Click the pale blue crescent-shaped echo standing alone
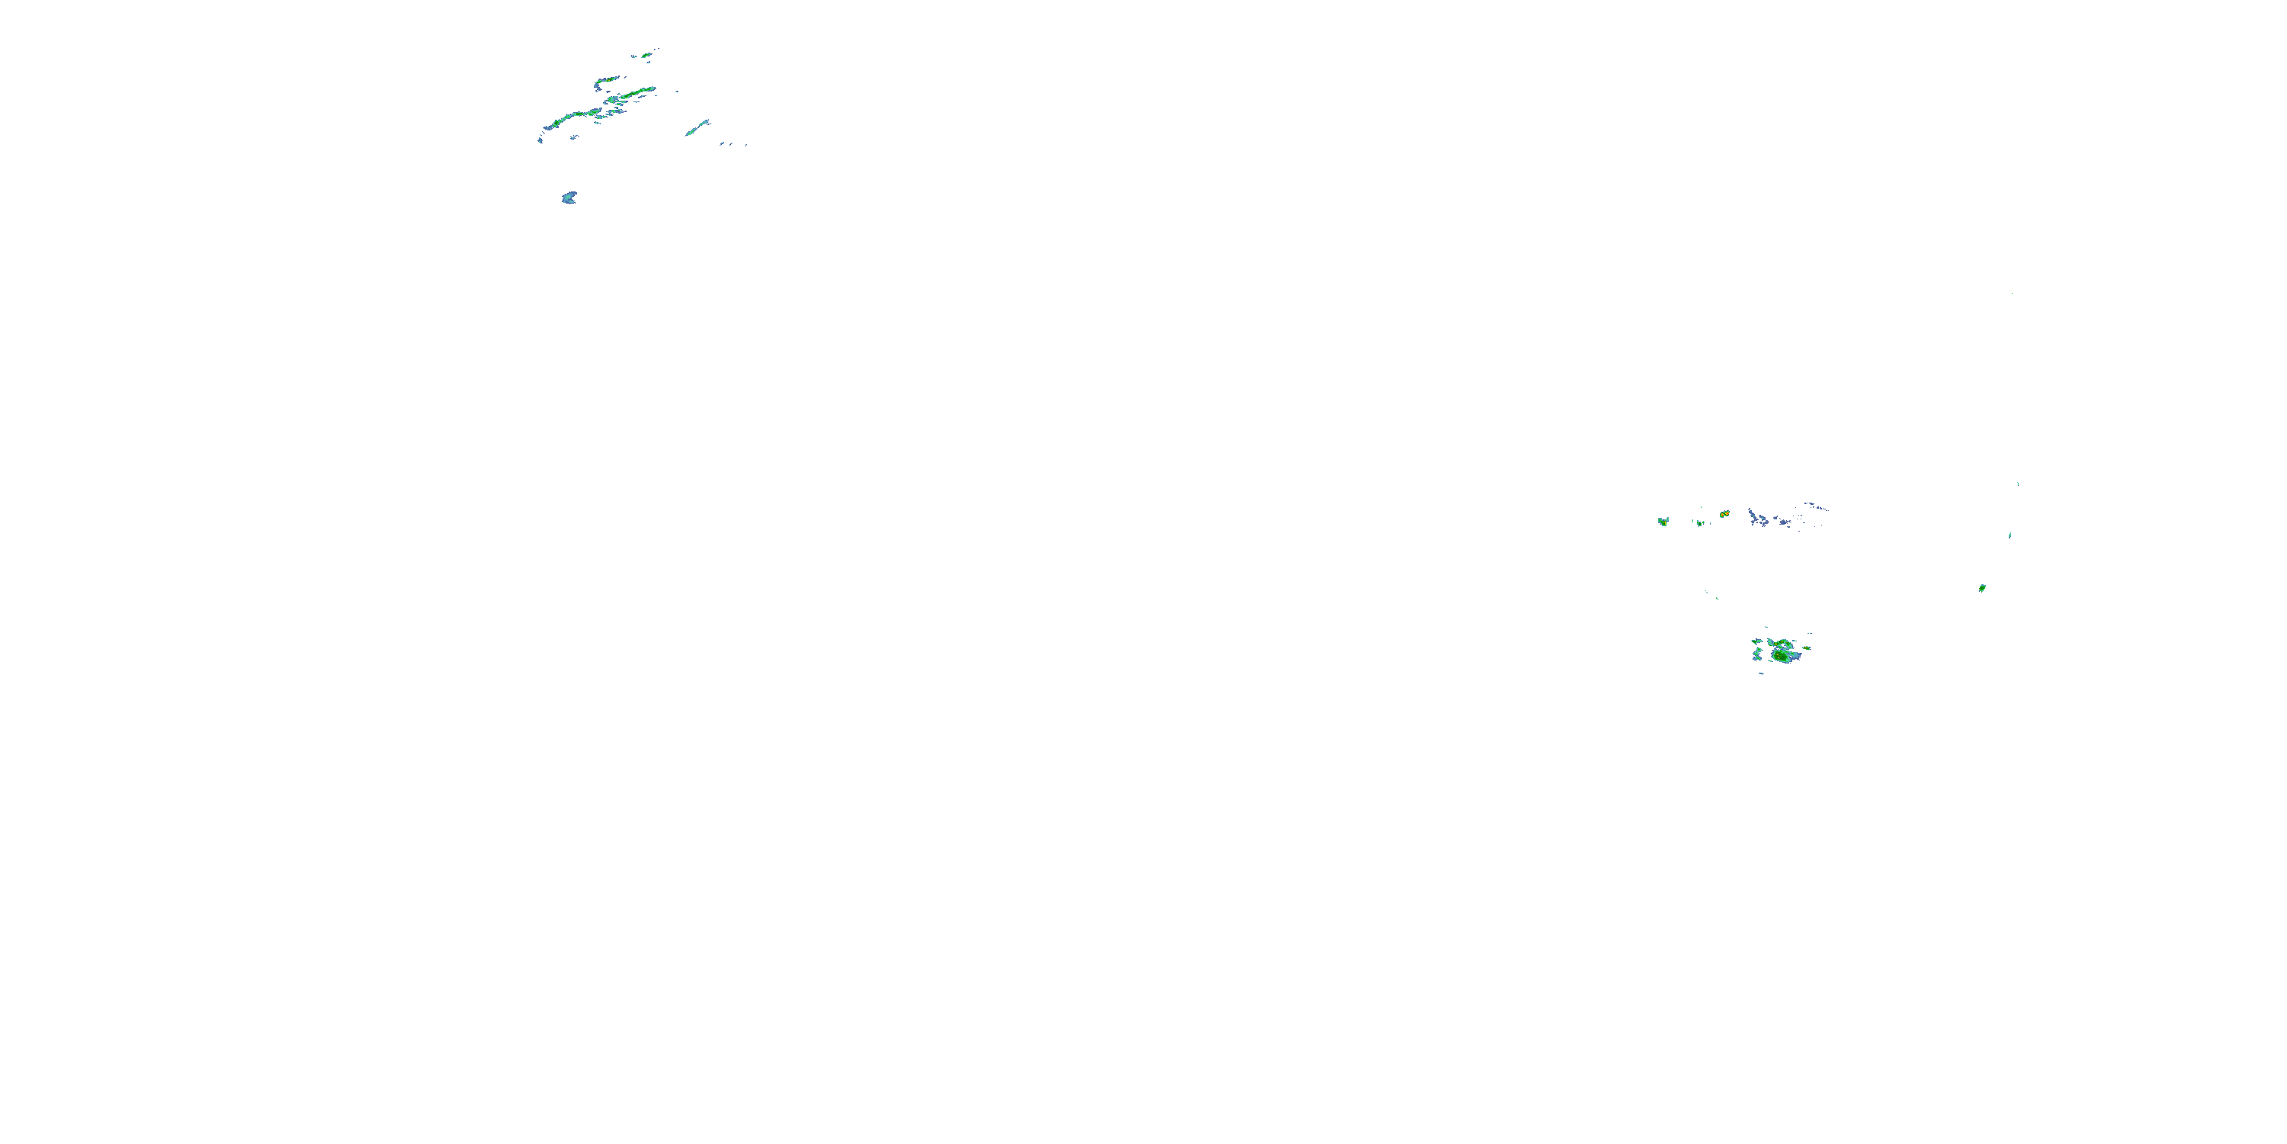click(x=569, y=198)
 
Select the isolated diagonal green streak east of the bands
click(x=697, y=128)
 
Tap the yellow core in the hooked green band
click(x=608, y=80)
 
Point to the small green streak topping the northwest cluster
click(x=647, y=55)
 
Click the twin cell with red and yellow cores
click(x=1724, y=514)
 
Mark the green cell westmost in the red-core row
click(x=1663, y=522)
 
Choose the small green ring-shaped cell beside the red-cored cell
click(x=1699, y=522)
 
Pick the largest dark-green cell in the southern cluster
click(x=1782, y=655)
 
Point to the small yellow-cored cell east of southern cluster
click(x=1806, y=648)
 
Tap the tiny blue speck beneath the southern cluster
click(x=1763, y=674)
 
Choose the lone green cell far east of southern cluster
click(x=1981, y=588)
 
